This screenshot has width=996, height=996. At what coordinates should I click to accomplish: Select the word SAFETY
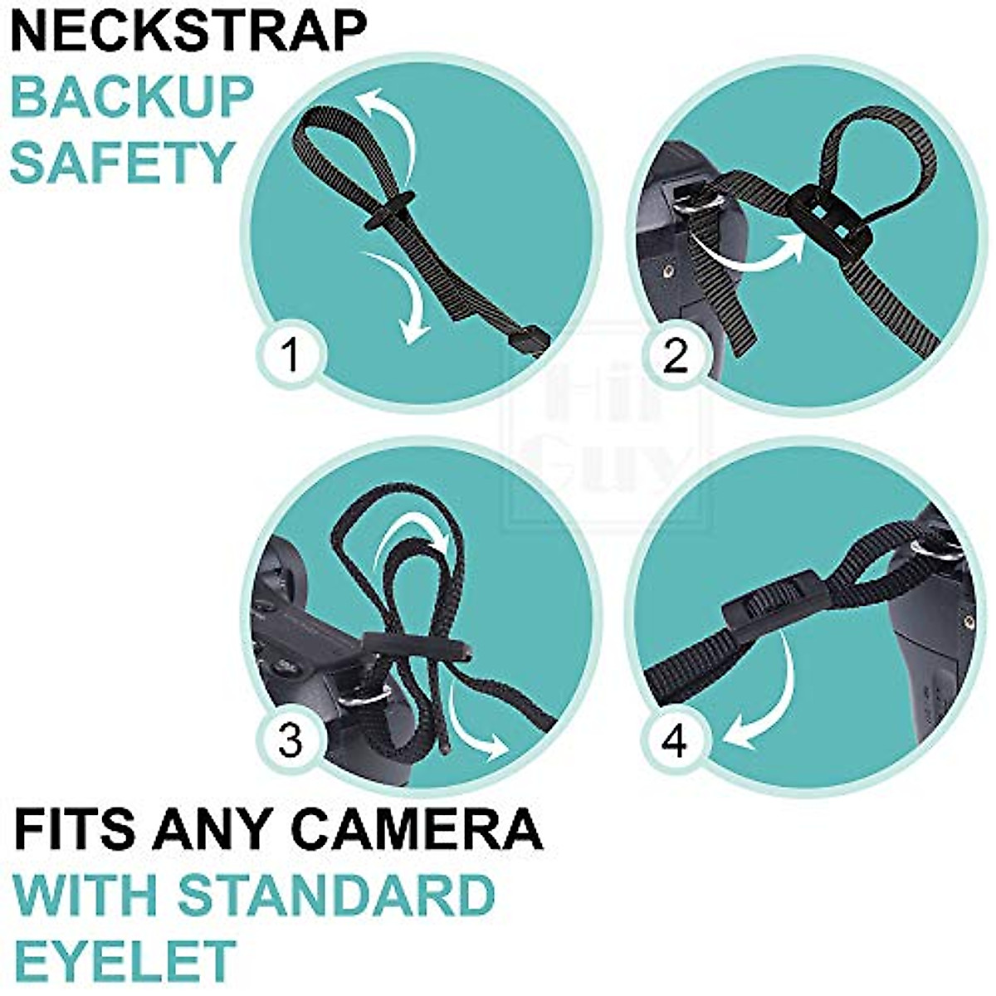[123, 162]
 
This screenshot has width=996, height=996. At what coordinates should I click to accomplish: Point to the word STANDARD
[336, 895]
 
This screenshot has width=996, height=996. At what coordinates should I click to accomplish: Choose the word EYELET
[124, 961]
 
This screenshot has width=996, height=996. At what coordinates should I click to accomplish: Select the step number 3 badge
[290, 740]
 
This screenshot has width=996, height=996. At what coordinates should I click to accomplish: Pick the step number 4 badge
[674, 740]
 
